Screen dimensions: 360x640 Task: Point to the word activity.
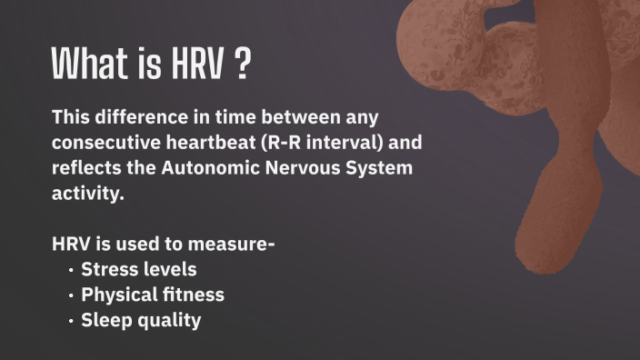(x=87, y=194)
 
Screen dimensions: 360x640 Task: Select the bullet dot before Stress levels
(x=72, y=270)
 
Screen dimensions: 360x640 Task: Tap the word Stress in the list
(x=109, y=270)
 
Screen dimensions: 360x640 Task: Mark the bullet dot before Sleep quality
(x=72, y=321)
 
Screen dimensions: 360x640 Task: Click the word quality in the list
(x=168, y=321)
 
